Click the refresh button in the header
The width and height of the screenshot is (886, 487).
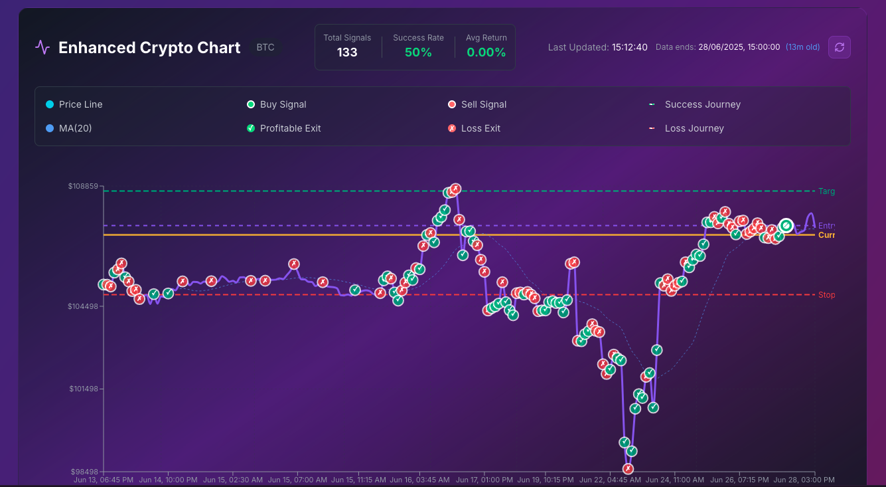click(840, 47)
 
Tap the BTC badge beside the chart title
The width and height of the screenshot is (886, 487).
click(265, 48)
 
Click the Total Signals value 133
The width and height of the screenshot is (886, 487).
click(347, 52)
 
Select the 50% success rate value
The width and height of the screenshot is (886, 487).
click(418, 52)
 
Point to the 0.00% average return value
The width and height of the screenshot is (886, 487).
click(486, 52)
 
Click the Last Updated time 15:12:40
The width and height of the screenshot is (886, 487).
click(630, 47)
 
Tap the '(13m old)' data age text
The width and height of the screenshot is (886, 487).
click(802, 47)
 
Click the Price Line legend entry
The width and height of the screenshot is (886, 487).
click(80, 104)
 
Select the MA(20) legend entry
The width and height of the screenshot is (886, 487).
click(75, 128)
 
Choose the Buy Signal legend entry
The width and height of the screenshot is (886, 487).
click(283, 104)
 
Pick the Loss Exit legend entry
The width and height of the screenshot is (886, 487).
click(480, 128)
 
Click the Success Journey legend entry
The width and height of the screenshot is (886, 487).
click(702, 104)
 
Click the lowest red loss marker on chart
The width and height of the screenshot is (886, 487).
click(628, 468)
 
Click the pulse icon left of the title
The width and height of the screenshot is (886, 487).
click(43, 47)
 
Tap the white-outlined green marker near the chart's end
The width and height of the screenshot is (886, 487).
click(786, 226)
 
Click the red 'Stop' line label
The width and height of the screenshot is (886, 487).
click(826, 295)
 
